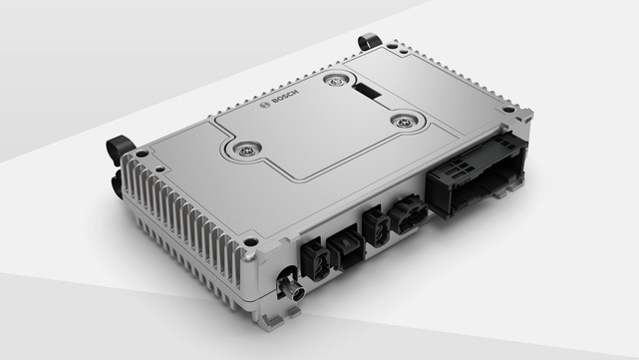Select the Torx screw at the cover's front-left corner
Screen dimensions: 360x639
pos(242,150)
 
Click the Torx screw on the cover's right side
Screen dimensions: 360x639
pos(403,122)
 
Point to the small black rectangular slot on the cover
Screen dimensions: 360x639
pos(367,92)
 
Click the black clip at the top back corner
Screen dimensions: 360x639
pos(369,41)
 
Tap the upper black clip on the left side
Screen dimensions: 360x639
pos(122,149)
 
